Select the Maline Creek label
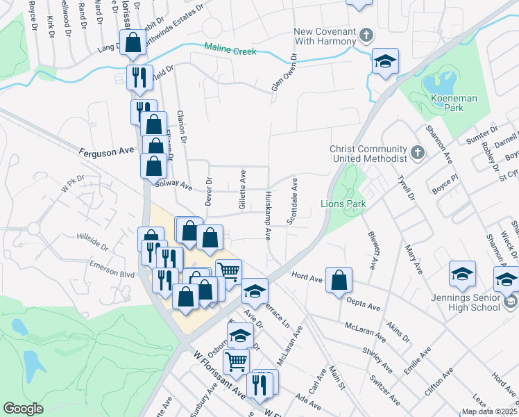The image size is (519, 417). pyautogui.click(x=230, y=51)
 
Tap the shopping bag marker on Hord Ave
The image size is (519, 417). pyautogui.click(x=339, y=281)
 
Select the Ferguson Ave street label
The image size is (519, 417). pyautogui.click(x=106, y=151)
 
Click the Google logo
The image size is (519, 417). pyautogui.click(x=23, y=409)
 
